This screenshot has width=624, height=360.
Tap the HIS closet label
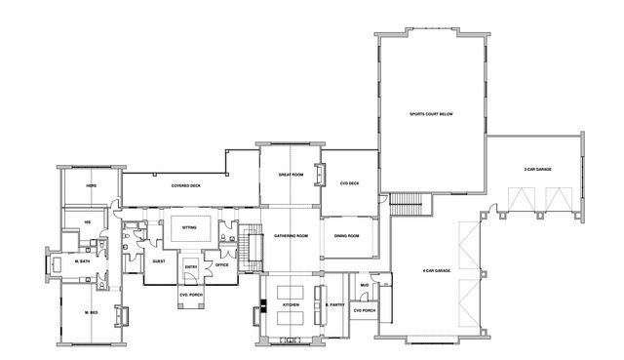pyautogui.click(x=87, y=221)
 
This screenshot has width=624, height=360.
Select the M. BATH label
pyautogui.click(x=83, y=260)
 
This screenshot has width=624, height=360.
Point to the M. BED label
pyautogui.click(x=90, y=311)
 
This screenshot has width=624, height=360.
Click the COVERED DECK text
pyautogui.click(x=185, y=184)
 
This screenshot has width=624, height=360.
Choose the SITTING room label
pyautogui.click(x=190, y=227)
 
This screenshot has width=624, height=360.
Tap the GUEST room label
pyautogui.click(x=159, y=261)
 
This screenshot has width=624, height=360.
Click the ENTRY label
pyautogui.click(x=191, y=265)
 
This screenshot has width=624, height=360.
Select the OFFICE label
pyautogui.click(x=221, y=263)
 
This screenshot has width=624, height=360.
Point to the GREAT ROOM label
pyautogui.click(x=291, y=175)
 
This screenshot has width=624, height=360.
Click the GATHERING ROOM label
pyautogui.click(x=291, y=236)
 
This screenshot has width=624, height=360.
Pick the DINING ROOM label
pyautogui.click(x=347, y=236)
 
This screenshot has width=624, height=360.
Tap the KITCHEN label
pyautogui.click(x=290, y=305)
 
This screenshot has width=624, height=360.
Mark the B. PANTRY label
pyautogui.click(x=335, y=305)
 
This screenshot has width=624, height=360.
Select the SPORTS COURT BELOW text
pyautogui.click(x=432, y=114)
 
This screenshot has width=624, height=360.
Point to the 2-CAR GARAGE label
pyautogui.click(x=537, y=170)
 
